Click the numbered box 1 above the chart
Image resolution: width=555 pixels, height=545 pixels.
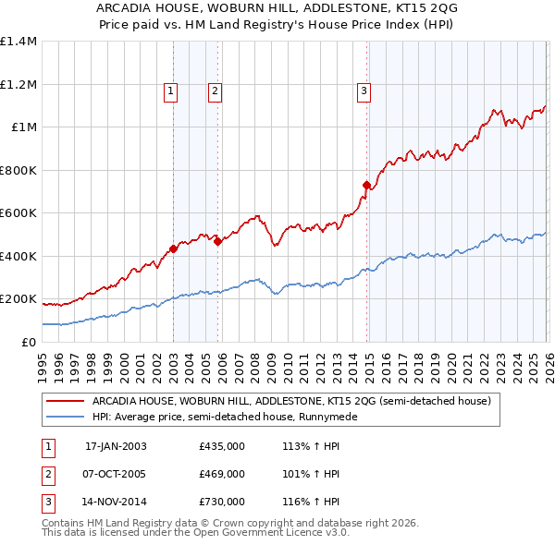coord(171,91)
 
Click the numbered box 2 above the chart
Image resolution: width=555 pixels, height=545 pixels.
coord(215,91)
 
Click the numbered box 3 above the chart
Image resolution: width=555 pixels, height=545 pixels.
coord(364,91)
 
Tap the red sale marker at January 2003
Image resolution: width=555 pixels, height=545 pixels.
coord(173,248)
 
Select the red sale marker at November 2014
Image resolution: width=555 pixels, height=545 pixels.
coord(367,186)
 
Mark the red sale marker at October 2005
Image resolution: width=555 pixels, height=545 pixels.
coord(217,241)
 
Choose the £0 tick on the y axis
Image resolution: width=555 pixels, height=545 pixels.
coord(27,342)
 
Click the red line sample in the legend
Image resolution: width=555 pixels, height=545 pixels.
coord(67,401)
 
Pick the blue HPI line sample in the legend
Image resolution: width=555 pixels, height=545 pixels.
coord(67,417)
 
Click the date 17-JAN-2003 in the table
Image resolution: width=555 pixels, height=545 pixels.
coord(116,446)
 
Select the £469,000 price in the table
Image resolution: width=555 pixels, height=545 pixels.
coord(222,474)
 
